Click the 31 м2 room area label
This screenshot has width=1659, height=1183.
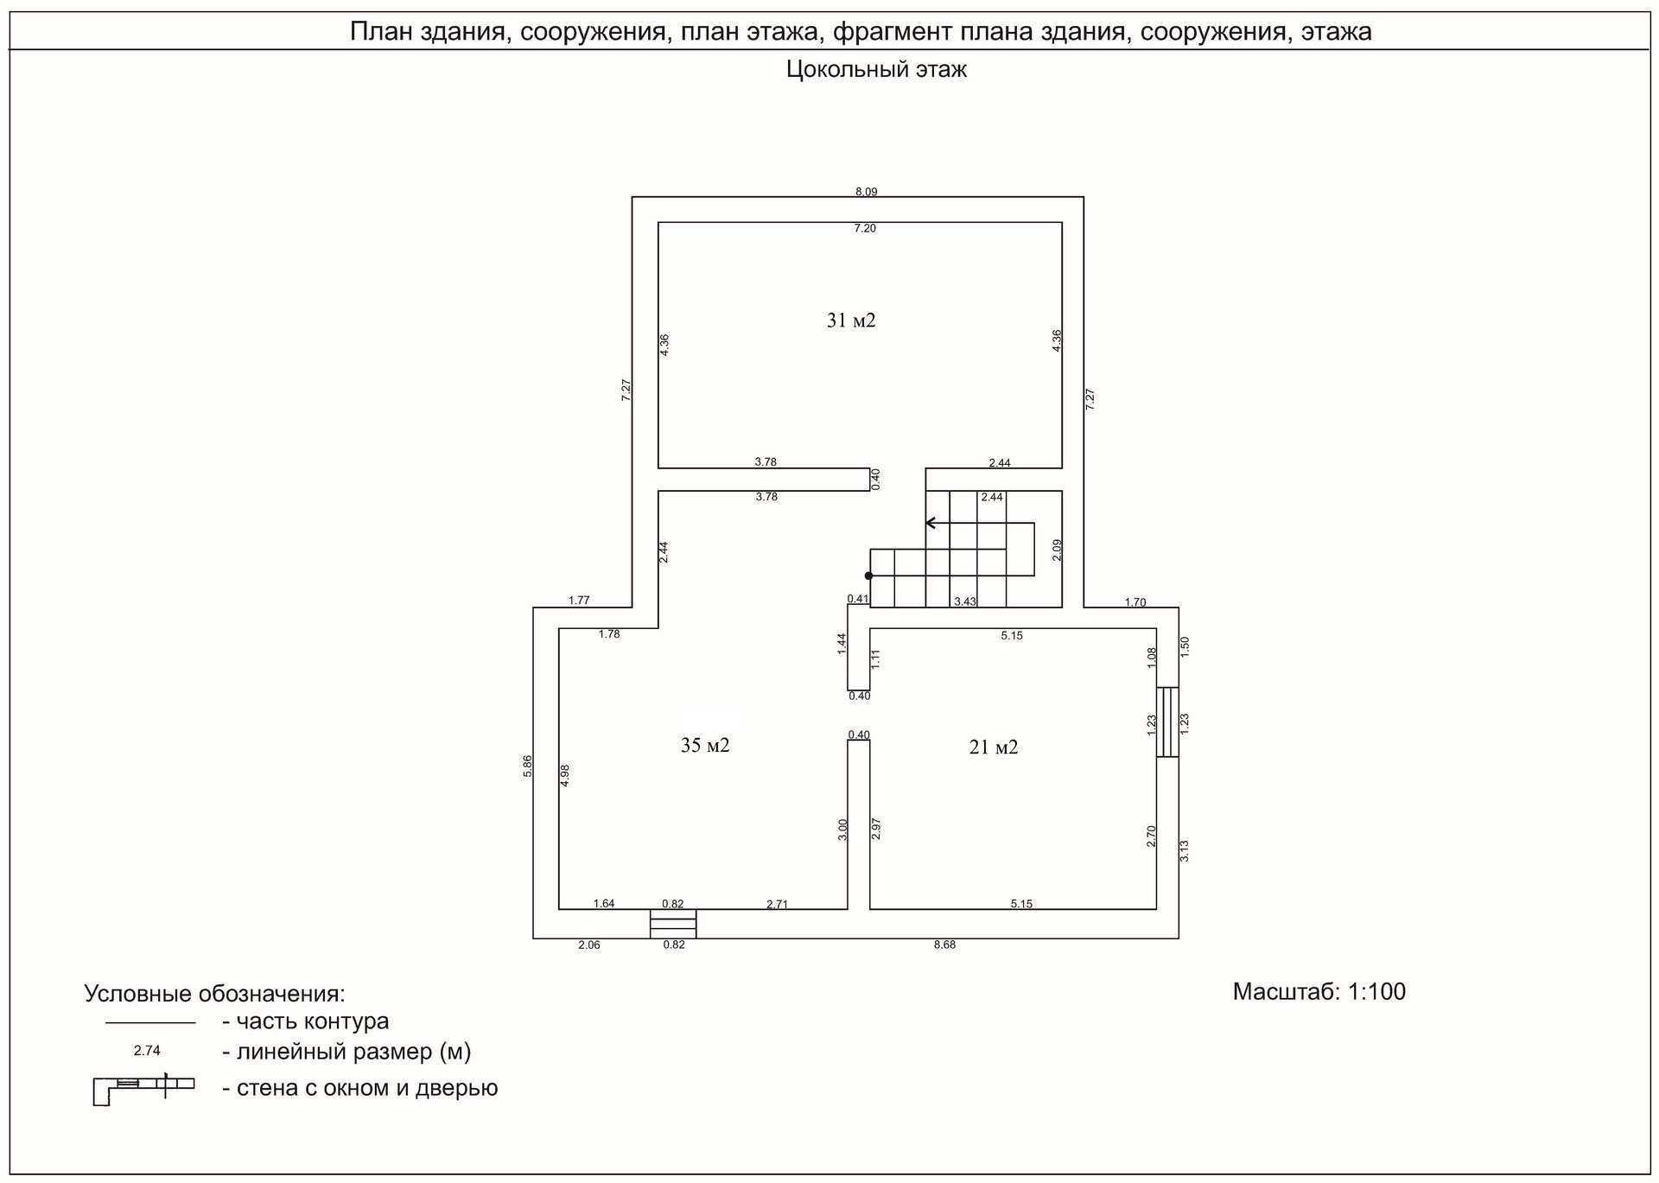pyautogui.click(x=851, y=321)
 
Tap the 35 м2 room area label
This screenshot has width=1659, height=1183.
pyautogui.click(x=705, y=745)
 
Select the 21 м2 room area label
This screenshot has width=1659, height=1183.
pyautogui.click(x=994, y=747)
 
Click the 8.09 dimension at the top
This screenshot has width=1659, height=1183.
pyautogui.click(x=866, y=192)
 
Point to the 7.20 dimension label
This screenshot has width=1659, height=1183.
pyautogui.click(x=865, y=228)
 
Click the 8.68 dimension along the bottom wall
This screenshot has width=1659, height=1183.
pyautogui.click(x=944, y=944)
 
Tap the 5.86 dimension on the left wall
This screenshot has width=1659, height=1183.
pyautogui.click(x=528, y=766)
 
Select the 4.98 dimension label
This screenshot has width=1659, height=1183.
pyautogui.click(x=565, y=774)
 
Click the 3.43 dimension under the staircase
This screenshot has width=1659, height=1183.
pyautogui.click(x=965, y=601)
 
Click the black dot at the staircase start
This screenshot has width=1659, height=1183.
pyautogui.click(x=868, y=576)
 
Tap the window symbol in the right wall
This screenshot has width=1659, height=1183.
pyautogui.click(x=1167, y=722)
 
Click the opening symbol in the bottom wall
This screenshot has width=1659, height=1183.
pyautogui.click(x=673, y=923)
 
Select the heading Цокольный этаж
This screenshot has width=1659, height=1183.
pyautogui.click(x=876, y=70)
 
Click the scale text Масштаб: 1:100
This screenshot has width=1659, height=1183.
pyautogui.click(x=1319, y=991)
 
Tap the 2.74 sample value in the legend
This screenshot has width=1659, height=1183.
pyautogui.click(x=147, y=1052)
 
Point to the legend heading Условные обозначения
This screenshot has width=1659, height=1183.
pyautogui.click(x=214, y=994)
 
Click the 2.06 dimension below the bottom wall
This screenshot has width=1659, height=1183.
pyautogui.click(x=588, y=944)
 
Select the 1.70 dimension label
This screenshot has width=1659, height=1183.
pyautogui.click(x=1135, y=602)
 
